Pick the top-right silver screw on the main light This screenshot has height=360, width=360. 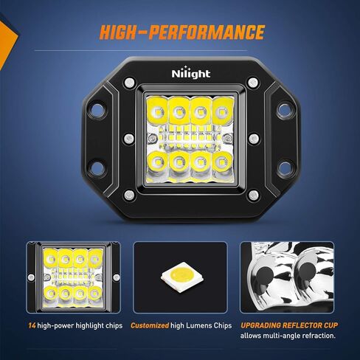(252, 81)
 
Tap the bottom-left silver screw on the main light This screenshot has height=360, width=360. (130, 195)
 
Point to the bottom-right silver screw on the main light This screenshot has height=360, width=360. (252, 195)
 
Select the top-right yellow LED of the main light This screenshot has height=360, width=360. (221, 111)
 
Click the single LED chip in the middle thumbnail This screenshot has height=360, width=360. (179, 275)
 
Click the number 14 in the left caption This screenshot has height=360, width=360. (32, 325)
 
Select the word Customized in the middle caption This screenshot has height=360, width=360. (150, 325)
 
